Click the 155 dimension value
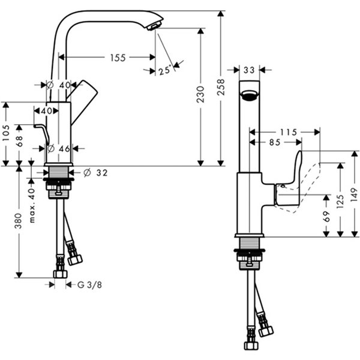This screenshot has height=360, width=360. tap(118, 58)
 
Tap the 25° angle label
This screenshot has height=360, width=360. tap(165, 70)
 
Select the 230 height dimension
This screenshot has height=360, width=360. tap(200, 94)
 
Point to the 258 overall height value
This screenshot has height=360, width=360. tap(221, 87)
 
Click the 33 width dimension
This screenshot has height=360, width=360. tap(249, 70)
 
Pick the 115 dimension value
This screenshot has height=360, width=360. tap(289, 132)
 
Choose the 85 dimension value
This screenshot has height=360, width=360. tap(275, 142)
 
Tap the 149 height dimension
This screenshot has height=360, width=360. tap(355, 194)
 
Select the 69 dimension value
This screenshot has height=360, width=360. tap(326, 216)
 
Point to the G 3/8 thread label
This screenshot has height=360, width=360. tap(89, 285)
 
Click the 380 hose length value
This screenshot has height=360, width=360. tap(19, 221)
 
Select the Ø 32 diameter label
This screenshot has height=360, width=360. tap(95, 173)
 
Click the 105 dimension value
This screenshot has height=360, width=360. tap(5, 133)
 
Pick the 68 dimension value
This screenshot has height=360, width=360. tap(19, 141)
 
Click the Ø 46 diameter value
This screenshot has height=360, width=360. tap(58, 149)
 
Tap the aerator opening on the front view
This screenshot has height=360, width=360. tap(249, 95)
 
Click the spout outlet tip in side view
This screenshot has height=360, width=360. tap(155, 26)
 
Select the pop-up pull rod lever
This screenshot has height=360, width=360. tap(42, 134)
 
